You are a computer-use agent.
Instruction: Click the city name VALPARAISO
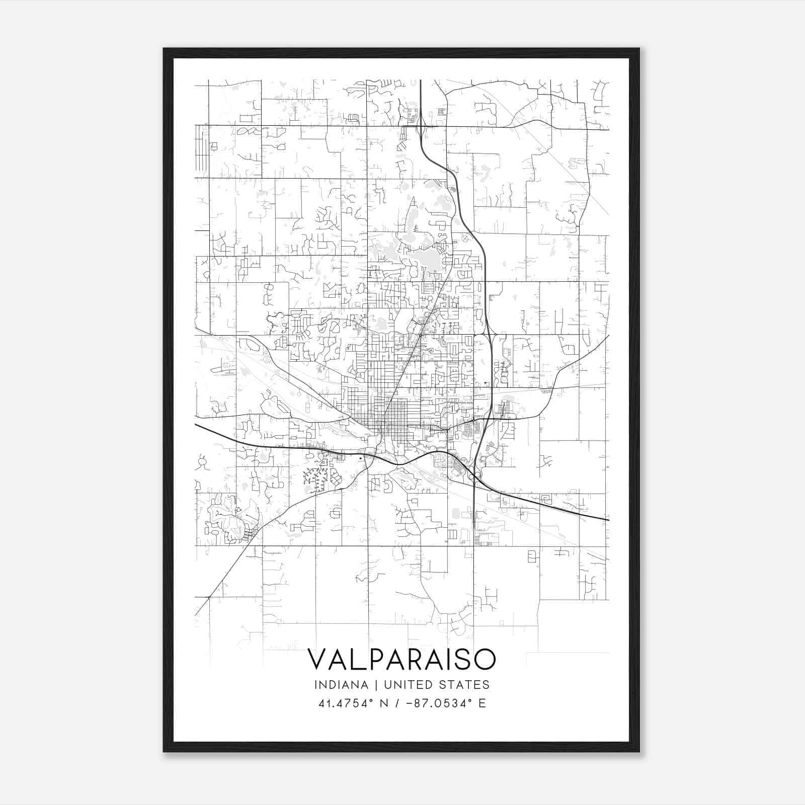pyautogui.click(x=401, y=659)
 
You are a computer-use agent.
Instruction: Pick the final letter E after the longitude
pyautogui.click(x=482, y=703)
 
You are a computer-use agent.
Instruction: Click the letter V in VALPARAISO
pyautogui.click(x=317, y=659)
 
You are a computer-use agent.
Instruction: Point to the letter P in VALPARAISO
pyautogui.click(x=370, y=659)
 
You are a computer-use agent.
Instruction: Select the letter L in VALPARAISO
pyautogui.click(x=354, y=659)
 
